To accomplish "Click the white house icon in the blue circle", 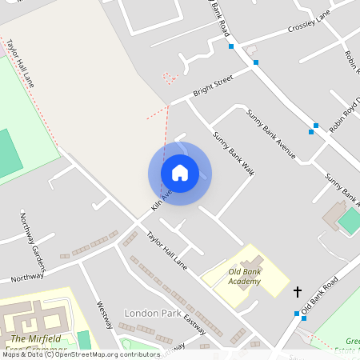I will click(180, 173).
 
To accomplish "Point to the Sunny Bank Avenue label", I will click(271, 133).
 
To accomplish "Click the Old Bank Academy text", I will click(243, 277).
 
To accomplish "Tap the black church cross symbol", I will click(298, 292).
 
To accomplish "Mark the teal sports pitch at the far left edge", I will click(8, 152).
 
